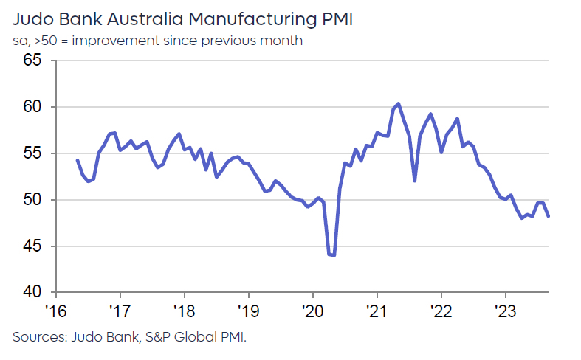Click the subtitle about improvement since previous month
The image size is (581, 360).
pos(157,41)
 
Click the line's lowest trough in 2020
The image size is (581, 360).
pos(334,255)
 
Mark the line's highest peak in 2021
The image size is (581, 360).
pos(398,103)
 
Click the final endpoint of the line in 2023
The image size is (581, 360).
pos(549,216)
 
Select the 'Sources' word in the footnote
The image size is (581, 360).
pos(38,337)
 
